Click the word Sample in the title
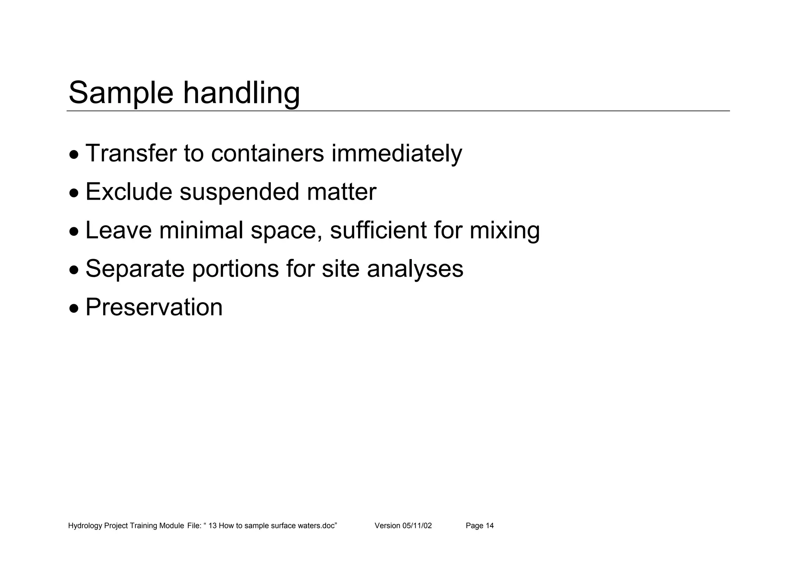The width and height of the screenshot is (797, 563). [121, 93]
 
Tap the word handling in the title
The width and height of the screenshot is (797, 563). [241, 93]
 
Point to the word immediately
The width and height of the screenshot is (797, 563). [397, 154]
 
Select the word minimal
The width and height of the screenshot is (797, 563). [201, 230]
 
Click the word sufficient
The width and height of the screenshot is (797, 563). [378, 230]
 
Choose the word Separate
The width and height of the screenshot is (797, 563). [135, 269]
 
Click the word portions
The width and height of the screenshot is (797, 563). [235, 269]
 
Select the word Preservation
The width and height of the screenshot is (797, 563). [154, 307]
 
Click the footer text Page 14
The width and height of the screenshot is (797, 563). [479, 526]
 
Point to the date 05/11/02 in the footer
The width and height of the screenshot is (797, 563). [417, 526]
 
